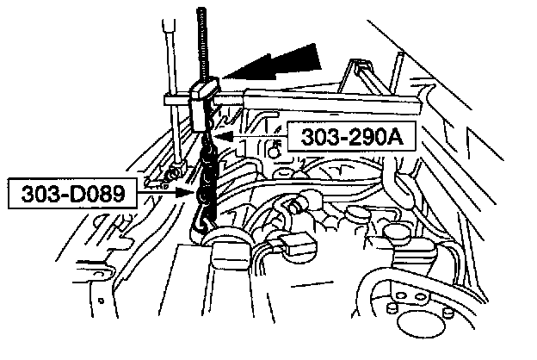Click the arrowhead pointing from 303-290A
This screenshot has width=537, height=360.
point(219,135)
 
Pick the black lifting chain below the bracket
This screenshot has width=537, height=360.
point(207,177)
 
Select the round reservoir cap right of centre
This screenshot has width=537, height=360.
point(398,233)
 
